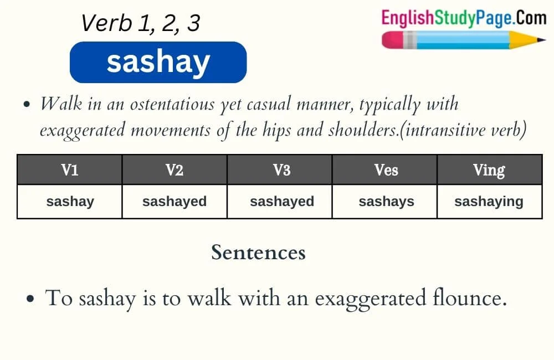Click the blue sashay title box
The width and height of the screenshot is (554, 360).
tap(158, 62)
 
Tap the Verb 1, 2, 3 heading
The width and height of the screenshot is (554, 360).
tap(140, 23)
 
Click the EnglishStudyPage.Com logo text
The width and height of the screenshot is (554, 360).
tap(463, 18)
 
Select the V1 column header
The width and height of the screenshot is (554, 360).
tap(70, 170)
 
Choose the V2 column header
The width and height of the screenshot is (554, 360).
tap(175, 170)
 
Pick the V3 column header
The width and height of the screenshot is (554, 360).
tap(280, 170)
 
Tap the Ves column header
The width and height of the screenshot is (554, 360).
tap(385, 170)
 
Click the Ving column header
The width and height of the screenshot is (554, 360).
tap(489, 170)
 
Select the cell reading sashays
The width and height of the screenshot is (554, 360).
tap(386, 202)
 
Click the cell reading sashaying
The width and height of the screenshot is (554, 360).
tap(489, 202)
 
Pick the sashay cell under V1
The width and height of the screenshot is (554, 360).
tap(70, 202)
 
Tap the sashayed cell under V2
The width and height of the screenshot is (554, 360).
tap(175, 202)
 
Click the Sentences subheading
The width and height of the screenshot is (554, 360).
tap(258, 253)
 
